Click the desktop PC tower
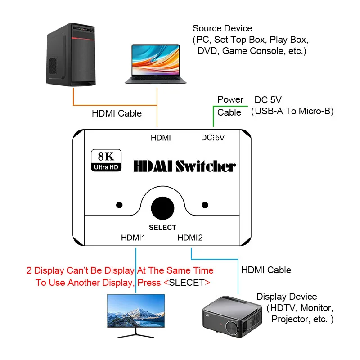(x=71, y=54)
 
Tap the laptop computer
(x=155, y=64)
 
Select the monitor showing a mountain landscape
(x=136, y=316)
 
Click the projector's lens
(x=233, y=328)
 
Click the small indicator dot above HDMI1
(x=119, y=205)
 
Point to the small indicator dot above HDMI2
(x=205, y=205)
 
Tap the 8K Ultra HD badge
(x=106, y=160)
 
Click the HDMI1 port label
(x=133, y=238)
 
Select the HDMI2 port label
(x=190, y=238)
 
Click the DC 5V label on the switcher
(x=213, y=138)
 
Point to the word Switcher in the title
(x=206, y=166)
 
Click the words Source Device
(x=222, y=28)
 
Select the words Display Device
(x=287, y=297)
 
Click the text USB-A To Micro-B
(x=292, y=111)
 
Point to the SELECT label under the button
(x=162, y=227)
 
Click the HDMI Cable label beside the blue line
(x=266, y=270)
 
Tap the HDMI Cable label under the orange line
(x=117, y=113)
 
